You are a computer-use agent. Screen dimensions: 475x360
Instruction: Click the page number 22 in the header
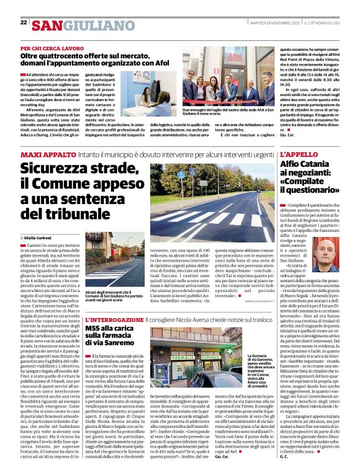(x=24, y=22)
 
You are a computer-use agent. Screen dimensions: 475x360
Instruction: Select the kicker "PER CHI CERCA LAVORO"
(x=52, y=48)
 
